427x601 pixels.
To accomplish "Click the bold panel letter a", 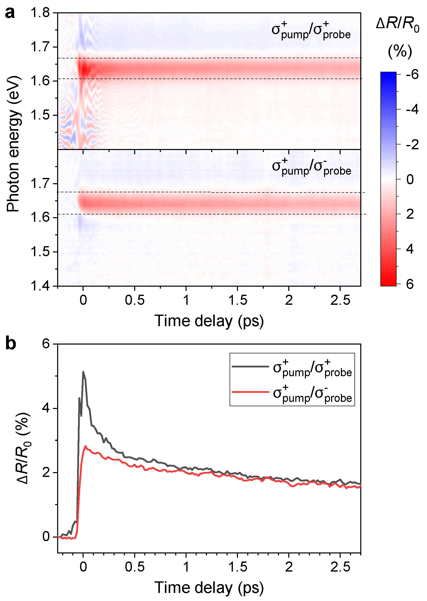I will point(10,13).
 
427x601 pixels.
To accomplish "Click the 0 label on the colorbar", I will point(410,179).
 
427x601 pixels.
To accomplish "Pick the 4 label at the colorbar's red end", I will point(410,249).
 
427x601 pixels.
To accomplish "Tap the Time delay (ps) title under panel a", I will point(209,321).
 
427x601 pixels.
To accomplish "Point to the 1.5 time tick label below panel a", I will point(237,300).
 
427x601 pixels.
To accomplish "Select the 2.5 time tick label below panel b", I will point(340,567).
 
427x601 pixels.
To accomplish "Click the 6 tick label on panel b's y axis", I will point(46,344).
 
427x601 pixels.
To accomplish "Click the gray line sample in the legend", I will point(250,366).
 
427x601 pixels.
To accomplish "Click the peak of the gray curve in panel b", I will point(83,371).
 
